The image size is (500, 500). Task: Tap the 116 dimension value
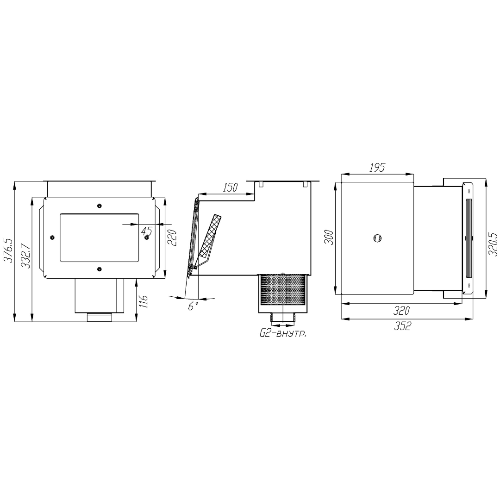pos(144,301)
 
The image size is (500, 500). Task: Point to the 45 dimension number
pos(147,231)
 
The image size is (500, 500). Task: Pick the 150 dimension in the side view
pos(230,187)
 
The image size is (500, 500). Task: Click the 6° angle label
pos(193,306)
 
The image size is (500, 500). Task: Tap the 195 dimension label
pos(377,168)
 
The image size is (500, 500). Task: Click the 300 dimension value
pos(329,237)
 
